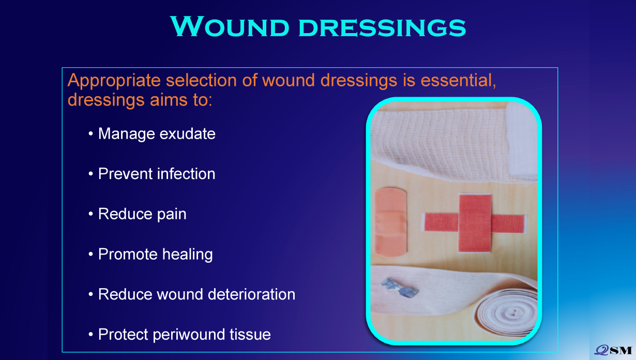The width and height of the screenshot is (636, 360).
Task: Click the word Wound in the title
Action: [230, 26]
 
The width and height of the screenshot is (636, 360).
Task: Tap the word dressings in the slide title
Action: [382, 27]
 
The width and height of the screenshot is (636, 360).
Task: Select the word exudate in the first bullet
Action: [187, 133]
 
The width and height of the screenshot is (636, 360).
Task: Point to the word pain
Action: [172, 215]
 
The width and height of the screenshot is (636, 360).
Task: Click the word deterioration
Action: [252, 294]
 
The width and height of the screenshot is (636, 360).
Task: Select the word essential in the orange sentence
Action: [458, 80]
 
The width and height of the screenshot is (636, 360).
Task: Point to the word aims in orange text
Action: [169, 100]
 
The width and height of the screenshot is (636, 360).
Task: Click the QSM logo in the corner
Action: [613, 350]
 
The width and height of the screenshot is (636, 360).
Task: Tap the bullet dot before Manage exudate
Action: [90, 133]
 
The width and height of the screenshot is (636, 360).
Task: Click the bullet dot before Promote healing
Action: [90, 254]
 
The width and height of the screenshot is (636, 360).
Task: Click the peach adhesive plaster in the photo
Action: [391, 222]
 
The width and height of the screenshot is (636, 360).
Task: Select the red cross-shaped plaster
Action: [475, 223]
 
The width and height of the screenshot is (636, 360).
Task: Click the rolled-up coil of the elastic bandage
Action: [507, 312]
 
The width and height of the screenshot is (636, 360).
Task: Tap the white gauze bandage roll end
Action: [522, 139]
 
